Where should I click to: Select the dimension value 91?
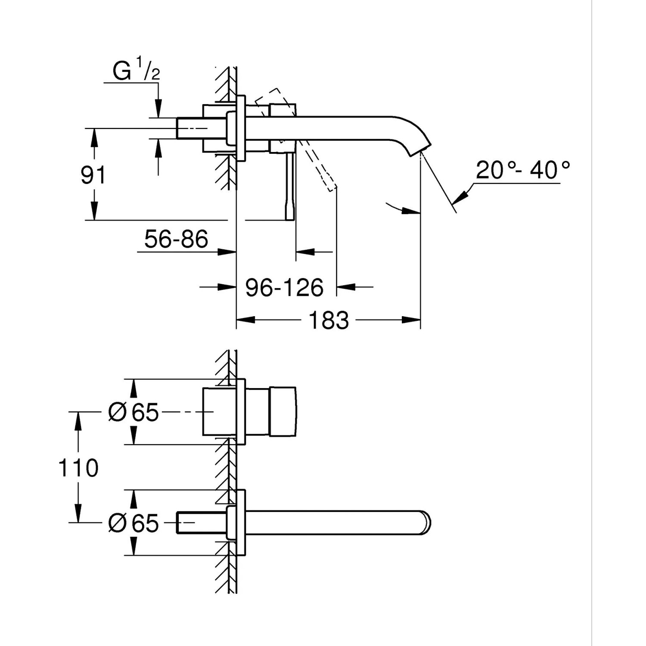pyautogui.click(x=93, y=175)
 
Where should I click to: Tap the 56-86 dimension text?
pyautogui.click(x=176, y=239)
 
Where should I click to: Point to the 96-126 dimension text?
pyautogui.click(x=284, y=287)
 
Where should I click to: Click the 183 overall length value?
pyautogui.click(x=329, y=320)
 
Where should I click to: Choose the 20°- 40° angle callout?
pyautogui.click(x=522, y=170)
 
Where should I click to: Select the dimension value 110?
pyautogui.click(x=78, y=468)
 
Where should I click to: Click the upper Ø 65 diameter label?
pyautogui.click(x=134, y=412)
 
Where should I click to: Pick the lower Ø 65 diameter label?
pyautogui.click(x=134, y=523)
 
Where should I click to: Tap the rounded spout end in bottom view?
pyautogui.click(x=425, y=523)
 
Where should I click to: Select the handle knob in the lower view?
pyautogui.click(x=283, y=412)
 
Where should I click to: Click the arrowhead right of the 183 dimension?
pyautogui.click(x=412, y=320)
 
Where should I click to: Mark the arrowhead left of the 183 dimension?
pyautogui.click(x=245, y=320)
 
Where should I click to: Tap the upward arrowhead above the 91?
pyautogui.click(x=93, y=137)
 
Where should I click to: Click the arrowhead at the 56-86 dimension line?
pyautogui.click(x=227, y=252)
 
